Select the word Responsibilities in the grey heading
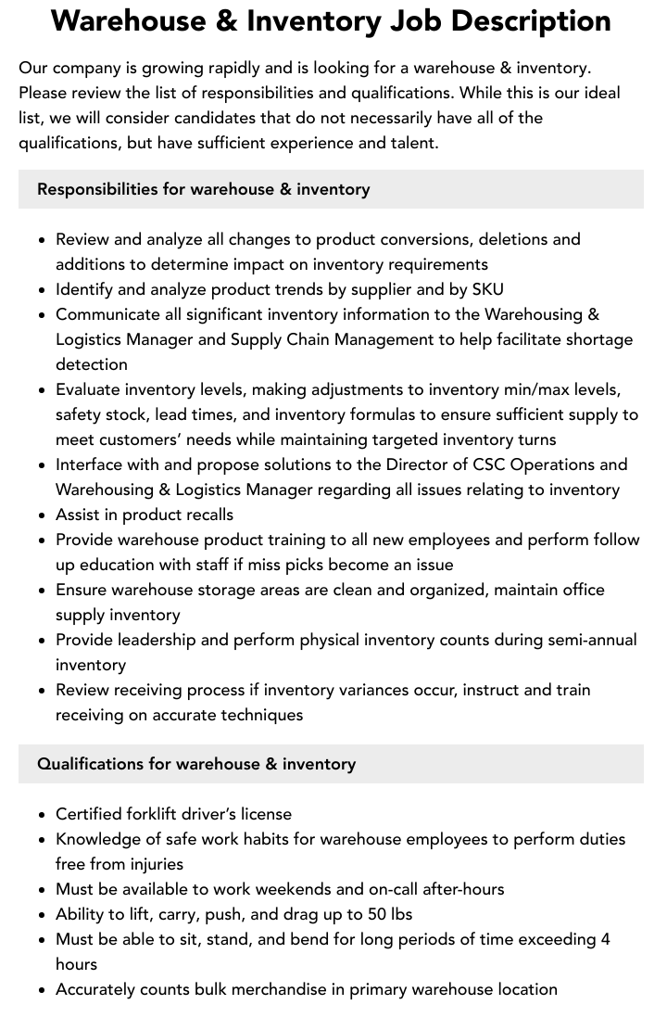coord(97,189)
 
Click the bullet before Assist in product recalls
coord(43,515)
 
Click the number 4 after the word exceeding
coord(605,939)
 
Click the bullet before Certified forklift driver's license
coord(43,815)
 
